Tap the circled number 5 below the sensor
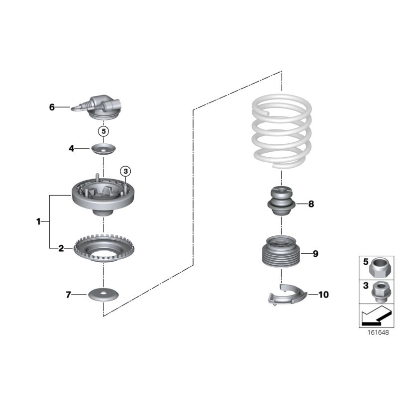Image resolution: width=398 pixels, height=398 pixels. click(103, 132)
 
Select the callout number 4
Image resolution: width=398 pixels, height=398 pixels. click(72, 148)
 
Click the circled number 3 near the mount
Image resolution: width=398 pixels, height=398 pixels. click(125, 172)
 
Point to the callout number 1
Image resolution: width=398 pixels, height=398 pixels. click(38, 221)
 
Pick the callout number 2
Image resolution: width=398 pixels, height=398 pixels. click(61, 248)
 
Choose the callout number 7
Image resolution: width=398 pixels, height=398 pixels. click(69, 295)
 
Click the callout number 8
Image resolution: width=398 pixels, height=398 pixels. click(311, 204)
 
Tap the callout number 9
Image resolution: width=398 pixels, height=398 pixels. click(315, 254)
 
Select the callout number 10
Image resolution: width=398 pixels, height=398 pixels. click(323, 295)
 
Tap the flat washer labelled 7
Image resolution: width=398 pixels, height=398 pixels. click(103, 295)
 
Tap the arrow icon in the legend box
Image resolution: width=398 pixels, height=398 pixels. click(376, 315)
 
